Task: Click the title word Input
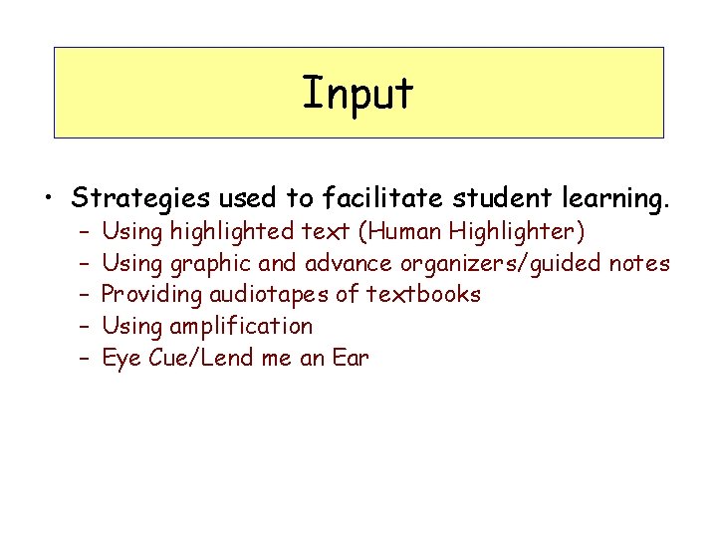[x=358, y=94]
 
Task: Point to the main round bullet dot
[x=48, y=199]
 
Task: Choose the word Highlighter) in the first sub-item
[x=518, y=232]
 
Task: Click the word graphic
[x=211, y=264]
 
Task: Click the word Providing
[x=151, y=295]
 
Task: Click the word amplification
[x=241, y=327]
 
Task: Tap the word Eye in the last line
[x=121, y=358]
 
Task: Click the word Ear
[x=351, y=358]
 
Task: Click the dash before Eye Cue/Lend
[x=84, y=359]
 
